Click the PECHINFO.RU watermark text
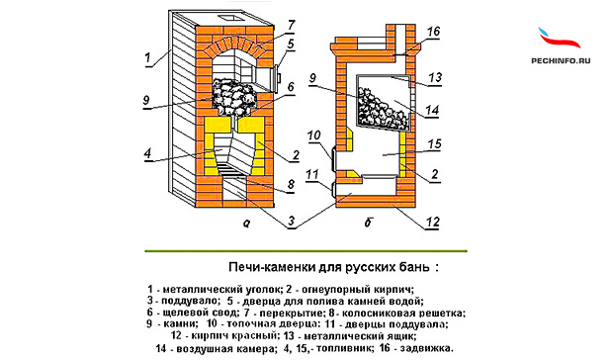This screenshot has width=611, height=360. point(561,60)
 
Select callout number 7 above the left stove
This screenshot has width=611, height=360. point(292,26)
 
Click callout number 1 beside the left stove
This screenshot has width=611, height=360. point(147,58)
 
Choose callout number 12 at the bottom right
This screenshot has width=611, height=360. point(432,222)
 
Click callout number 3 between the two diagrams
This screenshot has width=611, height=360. point(292,222)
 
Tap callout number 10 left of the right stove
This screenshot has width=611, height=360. point(314,135)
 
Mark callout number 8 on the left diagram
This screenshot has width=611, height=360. point(291,184)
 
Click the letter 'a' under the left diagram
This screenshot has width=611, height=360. point(246,224)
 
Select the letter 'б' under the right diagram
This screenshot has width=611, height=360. point(368,223)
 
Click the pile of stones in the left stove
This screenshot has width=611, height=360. point(233,97)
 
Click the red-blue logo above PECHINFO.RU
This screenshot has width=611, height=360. point(560,38)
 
